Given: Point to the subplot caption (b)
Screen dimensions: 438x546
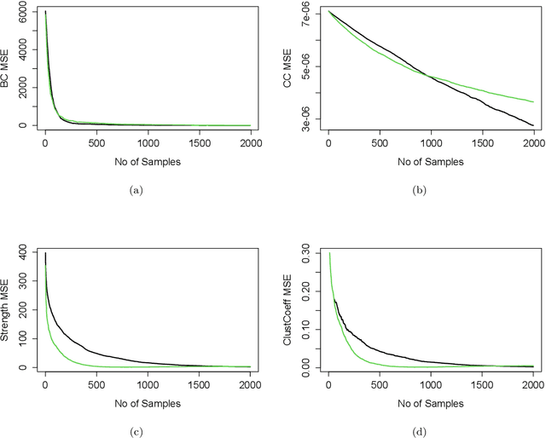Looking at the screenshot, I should pos(420,192).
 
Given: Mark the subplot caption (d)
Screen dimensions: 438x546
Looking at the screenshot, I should pos(420,432).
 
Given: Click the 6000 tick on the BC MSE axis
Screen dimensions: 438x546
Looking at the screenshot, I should pos(25,13).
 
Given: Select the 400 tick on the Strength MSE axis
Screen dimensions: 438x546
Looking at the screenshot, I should pos(25,253).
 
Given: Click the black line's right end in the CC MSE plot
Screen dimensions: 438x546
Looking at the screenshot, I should pos(533,125).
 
